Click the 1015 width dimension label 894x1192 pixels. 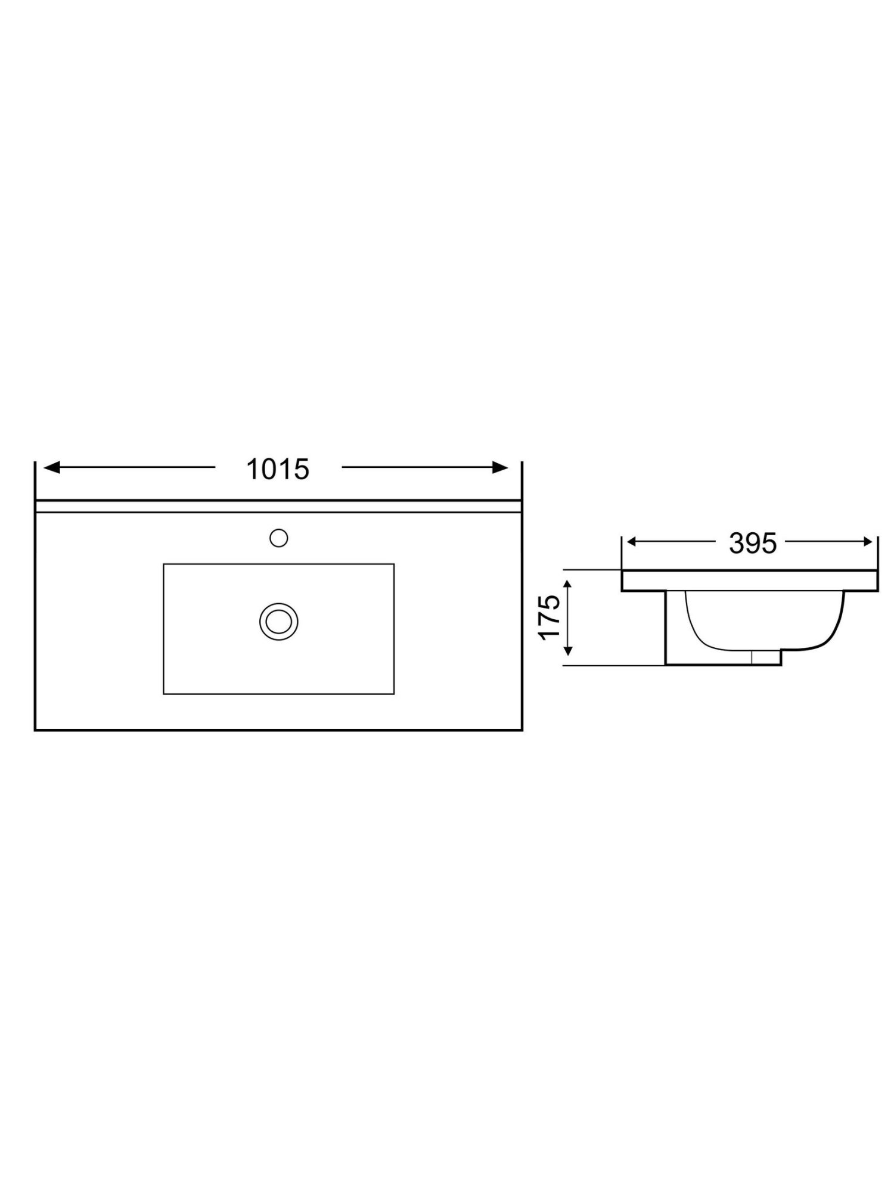278,470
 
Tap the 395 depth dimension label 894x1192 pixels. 753,543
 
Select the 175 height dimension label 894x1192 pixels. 550,617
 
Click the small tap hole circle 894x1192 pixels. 278,538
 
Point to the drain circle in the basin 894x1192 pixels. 278,622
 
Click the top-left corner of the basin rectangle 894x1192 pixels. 164,564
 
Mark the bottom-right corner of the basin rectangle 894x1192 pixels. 394,694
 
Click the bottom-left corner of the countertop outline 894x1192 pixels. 35,730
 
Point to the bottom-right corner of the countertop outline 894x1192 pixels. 522,730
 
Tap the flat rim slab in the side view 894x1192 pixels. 750,581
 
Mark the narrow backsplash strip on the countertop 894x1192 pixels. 278,507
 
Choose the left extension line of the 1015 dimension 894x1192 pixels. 35,480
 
